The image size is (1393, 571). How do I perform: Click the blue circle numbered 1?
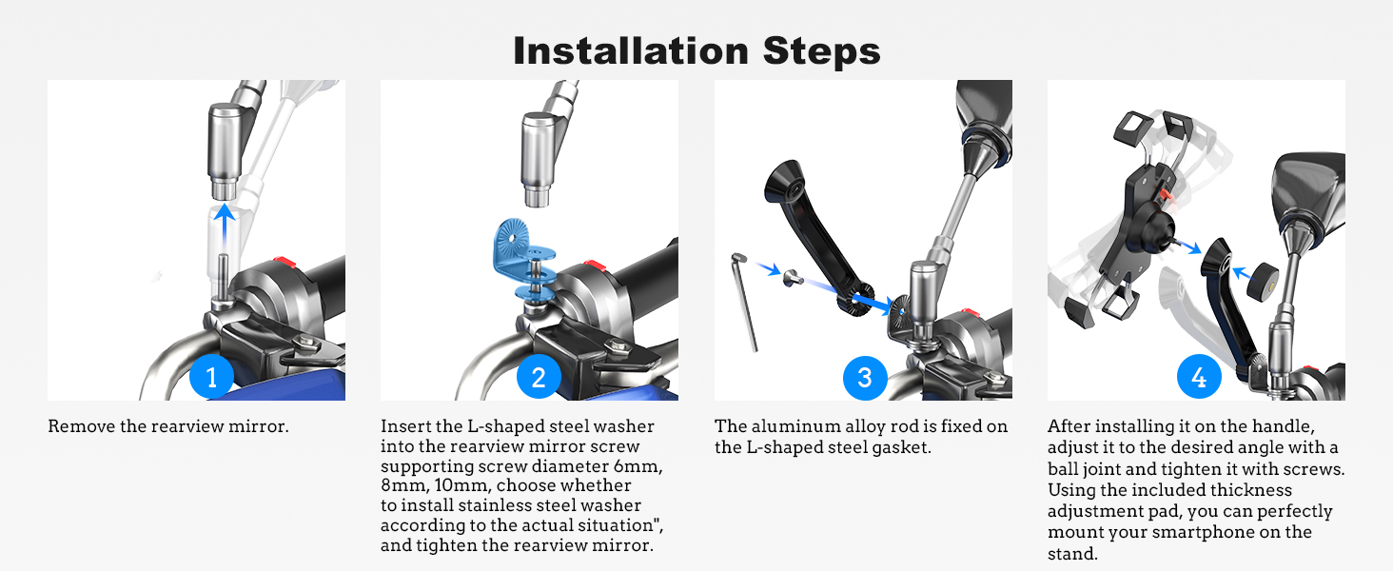tap(211, 378)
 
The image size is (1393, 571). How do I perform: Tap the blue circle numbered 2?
tap(539, 378)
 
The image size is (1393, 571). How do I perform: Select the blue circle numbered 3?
tap(864, 378)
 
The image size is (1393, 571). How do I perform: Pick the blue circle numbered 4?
tap(1199, 378)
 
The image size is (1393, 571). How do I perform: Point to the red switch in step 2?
tap(594, 266)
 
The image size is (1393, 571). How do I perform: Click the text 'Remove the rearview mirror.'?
tap(168, 426)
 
